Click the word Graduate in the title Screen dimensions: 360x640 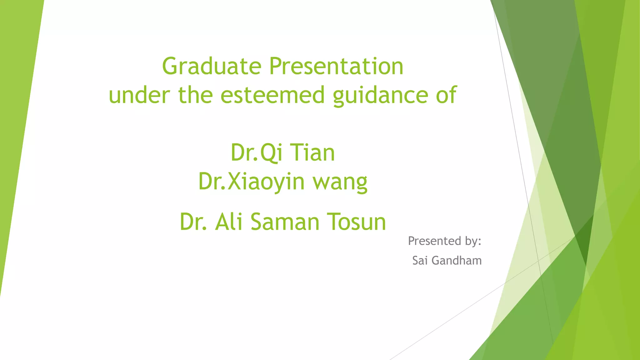click(212, 67)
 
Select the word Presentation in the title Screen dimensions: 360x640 click(336, 67)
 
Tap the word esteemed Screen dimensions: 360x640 click(272, 95)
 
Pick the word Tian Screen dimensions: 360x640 click(312, 153)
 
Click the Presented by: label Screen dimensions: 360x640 click(444, 241)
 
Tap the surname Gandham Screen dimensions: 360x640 click(457, 260)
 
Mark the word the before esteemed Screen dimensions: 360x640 click(196, 95)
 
